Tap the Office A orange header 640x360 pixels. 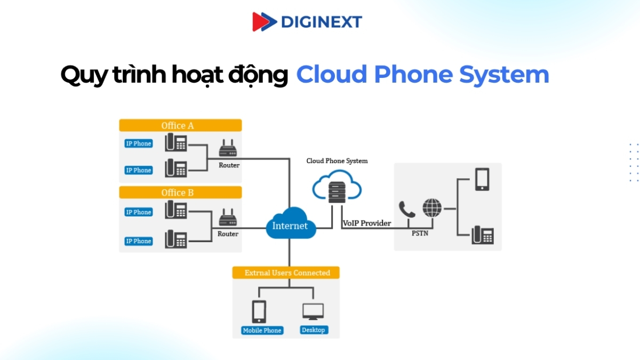[180, 125]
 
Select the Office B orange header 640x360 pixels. [180, 193]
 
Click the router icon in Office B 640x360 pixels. [228, 218]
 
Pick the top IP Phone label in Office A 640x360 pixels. [139, 143]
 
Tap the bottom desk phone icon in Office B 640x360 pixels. [176, 238]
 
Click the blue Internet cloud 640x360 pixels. [290, 226]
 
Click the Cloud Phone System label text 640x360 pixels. [337, 161]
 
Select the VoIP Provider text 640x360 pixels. [366, 223]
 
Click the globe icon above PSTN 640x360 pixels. [432, 207]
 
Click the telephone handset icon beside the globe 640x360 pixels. [407, 209]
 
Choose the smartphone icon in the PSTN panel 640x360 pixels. [482, 179]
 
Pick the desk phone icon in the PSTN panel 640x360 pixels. [483, 235]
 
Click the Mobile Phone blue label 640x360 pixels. [262, 330]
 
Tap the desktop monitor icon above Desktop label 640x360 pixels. [313, 311]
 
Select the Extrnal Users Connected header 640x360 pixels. [287, 273]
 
